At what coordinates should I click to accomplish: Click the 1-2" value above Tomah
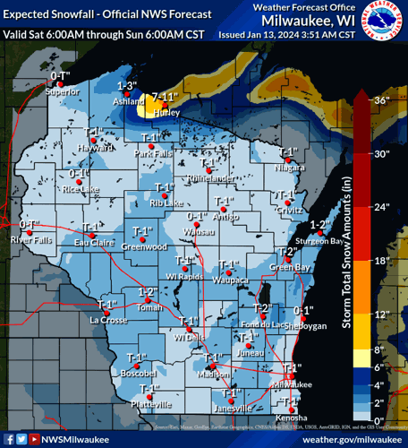pyautogui.click(x=148, y=291)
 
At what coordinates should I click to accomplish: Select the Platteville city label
pyautogui.click(x=153, y=404)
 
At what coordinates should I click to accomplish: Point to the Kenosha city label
pyautogui.click(x=290, y=418)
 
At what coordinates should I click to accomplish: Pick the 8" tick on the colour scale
pyautogui.click(x=381, y=348)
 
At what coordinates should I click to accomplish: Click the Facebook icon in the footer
pyautogui.click(x=9, y=439)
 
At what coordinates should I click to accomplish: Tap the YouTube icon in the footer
pyautogui.click(x=34, y=439)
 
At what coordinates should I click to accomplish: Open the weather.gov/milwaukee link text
pyautogui.click(x=350, y=439)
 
